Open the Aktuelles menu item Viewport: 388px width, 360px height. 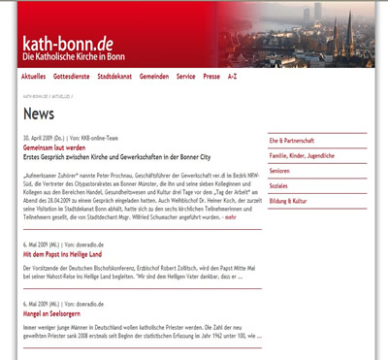coord(34,75)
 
